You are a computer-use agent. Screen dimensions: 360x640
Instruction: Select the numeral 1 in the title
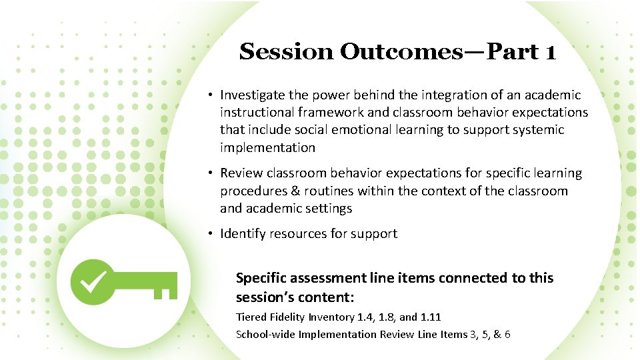(x=549, y=51)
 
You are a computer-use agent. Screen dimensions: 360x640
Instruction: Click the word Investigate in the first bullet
(x=253, y=95)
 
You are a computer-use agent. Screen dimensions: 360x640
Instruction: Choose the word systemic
(x=538, y=130)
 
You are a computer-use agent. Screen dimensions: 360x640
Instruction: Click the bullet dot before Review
(x=209, y=173)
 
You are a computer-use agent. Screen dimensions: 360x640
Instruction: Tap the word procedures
(x=253, y=191)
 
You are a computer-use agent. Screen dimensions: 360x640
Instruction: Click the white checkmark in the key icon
(x=92, y=281)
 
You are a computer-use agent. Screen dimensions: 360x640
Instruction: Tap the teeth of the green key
(x=167, y=289)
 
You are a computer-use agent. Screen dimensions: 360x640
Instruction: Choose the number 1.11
(x=430, y=317)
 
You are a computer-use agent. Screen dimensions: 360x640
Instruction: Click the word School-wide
(x=265, y=334)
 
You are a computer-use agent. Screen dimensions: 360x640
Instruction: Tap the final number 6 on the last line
(x=507, y=334)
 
